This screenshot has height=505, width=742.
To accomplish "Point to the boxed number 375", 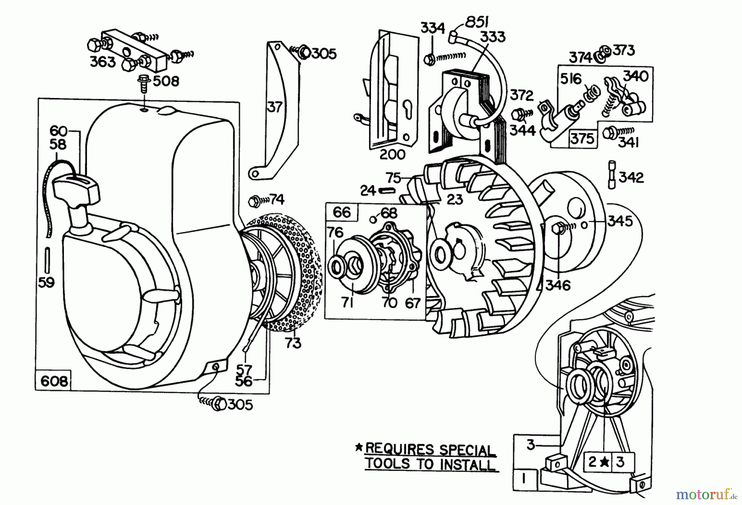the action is click(582, 138).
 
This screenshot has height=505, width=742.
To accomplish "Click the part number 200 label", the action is click(392, 155).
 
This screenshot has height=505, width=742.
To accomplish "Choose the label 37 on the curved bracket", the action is click(275, 107).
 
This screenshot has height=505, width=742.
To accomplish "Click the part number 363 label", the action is click(103, 62).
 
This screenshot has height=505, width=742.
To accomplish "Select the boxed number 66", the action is click(342, 212).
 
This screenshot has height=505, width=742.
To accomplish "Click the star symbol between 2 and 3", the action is click(604, 462).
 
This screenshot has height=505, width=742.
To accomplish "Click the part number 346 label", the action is click(558, 285).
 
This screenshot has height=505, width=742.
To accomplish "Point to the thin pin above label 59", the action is click(47, 261).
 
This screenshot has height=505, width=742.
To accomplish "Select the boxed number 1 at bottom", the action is click(524, 479).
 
